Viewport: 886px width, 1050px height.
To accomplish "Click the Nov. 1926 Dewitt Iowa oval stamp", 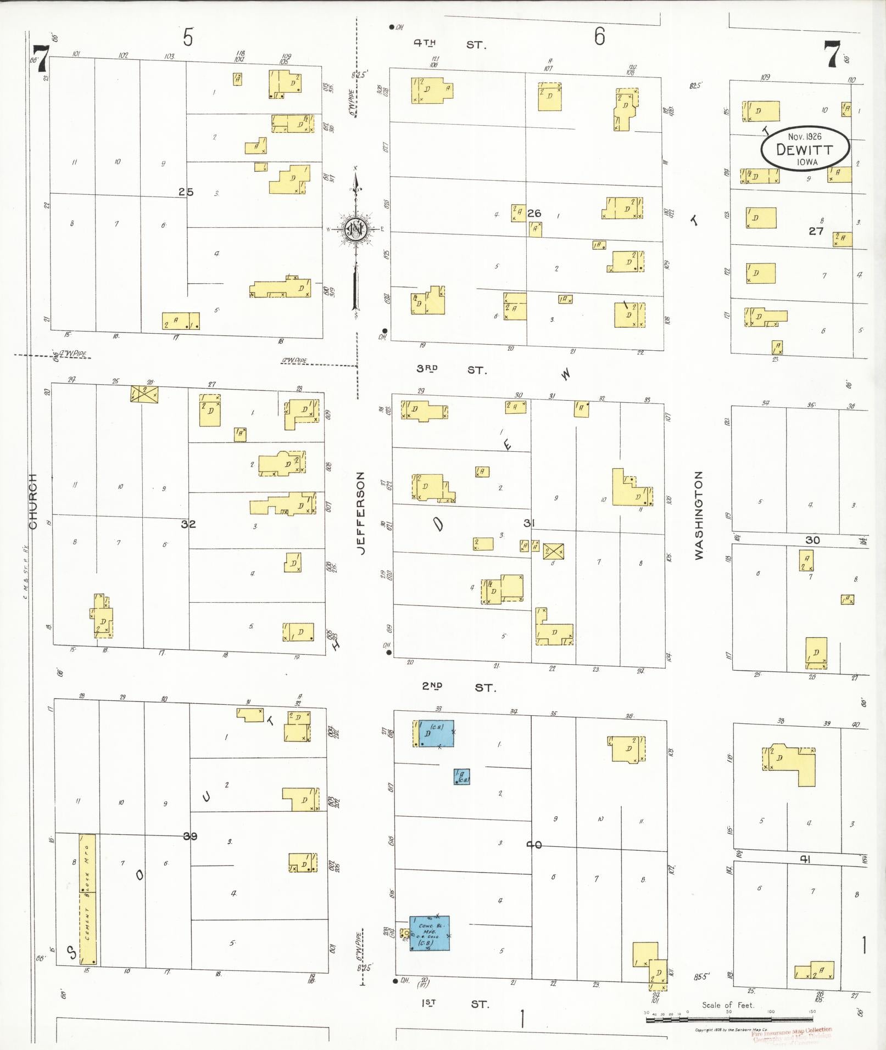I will coord(805,148).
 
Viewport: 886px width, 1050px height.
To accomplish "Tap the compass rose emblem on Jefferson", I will coord(355,228).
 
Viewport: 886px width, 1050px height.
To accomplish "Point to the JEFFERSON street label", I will coord(361,513).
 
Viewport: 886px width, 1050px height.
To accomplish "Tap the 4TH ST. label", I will coord(449,44).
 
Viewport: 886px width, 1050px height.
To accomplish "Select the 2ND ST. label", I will coord(458,687).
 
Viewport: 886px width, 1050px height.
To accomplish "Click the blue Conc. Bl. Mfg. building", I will coord(429,933).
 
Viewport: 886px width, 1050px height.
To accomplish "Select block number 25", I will coord(186,192).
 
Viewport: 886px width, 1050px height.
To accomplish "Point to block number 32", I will coord(188,524).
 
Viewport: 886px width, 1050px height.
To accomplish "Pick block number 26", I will coord(534,213).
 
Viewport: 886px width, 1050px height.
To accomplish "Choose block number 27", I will coord(816,231).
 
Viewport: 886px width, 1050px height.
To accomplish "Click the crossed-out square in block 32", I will coord(144,394).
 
